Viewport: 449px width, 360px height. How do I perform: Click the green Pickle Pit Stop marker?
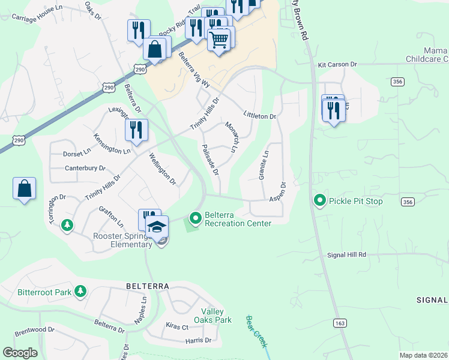[320, 201]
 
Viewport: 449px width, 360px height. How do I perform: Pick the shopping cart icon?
[218, 40]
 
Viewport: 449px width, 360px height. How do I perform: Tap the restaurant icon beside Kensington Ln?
[137, 130]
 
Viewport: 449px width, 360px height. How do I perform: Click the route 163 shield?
[340, 323]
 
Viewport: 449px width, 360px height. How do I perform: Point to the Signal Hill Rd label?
[347, 254]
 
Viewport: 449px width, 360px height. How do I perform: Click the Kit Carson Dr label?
[337, 64]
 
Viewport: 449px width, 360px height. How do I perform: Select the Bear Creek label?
[256, 332]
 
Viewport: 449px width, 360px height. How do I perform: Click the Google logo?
[20, 353]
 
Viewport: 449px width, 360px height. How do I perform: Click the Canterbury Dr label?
[85, 169]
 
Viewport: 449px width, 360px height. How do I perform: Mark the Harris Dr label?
[199, 340]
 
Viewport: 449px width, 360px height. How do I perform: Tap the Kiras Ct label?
[176, 327]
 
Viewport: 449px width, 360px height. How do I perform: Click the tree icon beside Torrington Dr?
[68, 224]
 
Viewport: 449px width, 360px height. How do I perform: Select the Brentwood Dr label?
[34, 330]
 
